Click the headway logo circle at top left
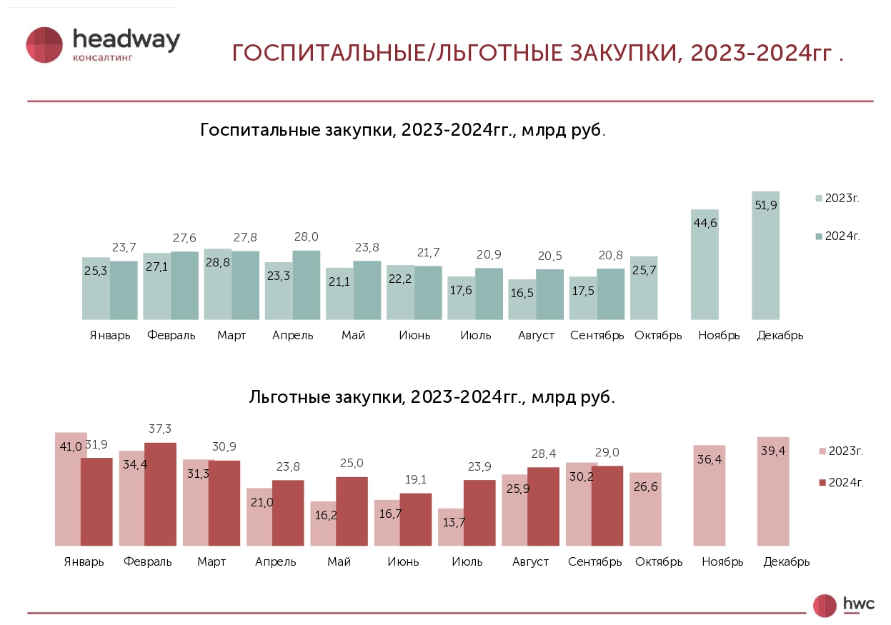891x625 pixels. pyautogui.click(x=45, y=45)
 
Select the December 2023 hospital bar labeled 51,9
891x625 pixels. pyautogui.click(x=765, y=257)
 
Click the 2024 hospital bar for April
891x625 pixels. pyautogui.click(x=307, y=286)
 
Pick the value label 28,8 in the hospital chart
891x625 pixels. pyautogui.click(x=217, y=282)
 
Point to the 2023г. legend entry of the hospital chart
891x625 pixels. pyautogui.click(x=837, y=199)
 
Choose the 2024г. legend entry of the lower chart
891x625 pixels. pyautogui.click(x=841, y=483)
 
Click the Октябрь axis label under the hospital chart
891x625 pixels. pyautogui.click(x=658, y=336)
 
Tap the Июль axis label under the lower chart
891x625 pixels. pyautogui.click(x=467, y=561)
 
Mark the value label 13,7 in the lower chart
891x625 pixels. pyautogui.click(x=454, y=523)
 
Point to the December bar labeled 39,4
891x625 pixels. pyautogui.click(x=773, y=493)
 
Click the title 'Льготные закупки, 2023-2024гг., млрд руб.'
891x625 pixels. pyautogui.click(x=432, y=397)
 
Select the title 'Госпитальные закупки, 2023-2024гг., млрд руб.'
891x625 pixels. pyautogui.click(x=403, y=131)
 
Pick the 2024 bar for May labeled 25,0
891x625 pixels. pyautogui.click(x=352, y=511)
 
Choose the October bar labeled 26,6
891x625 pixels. pyautogui.click(x=645, y=509)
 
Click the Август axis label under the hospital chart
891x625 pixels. pyautogui.click(x=536, y=336)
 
